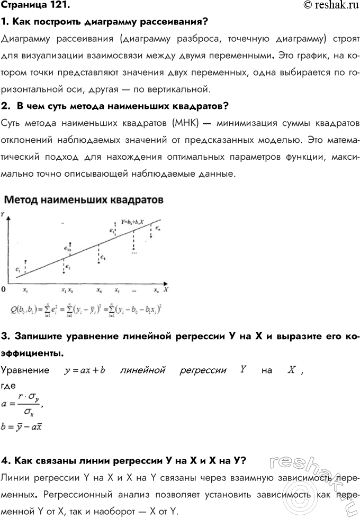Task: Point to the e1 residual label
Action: [19, 270]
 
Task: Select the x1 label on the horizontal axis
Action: [25, 290]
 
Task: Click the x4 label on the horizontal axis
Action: [99, 290]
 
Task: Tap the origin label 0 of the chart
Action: [4, 290]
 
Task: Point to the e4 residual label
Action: [103, 258]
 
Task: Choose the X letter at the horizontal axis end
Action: [166, 290]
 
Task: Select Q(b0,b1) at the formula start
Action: [23, 308]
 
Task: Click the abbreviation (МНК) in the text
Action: [184, 123]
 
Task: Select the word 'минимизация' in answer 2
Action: [239, 123]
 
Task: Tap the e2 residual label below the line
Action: [68, 267]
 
